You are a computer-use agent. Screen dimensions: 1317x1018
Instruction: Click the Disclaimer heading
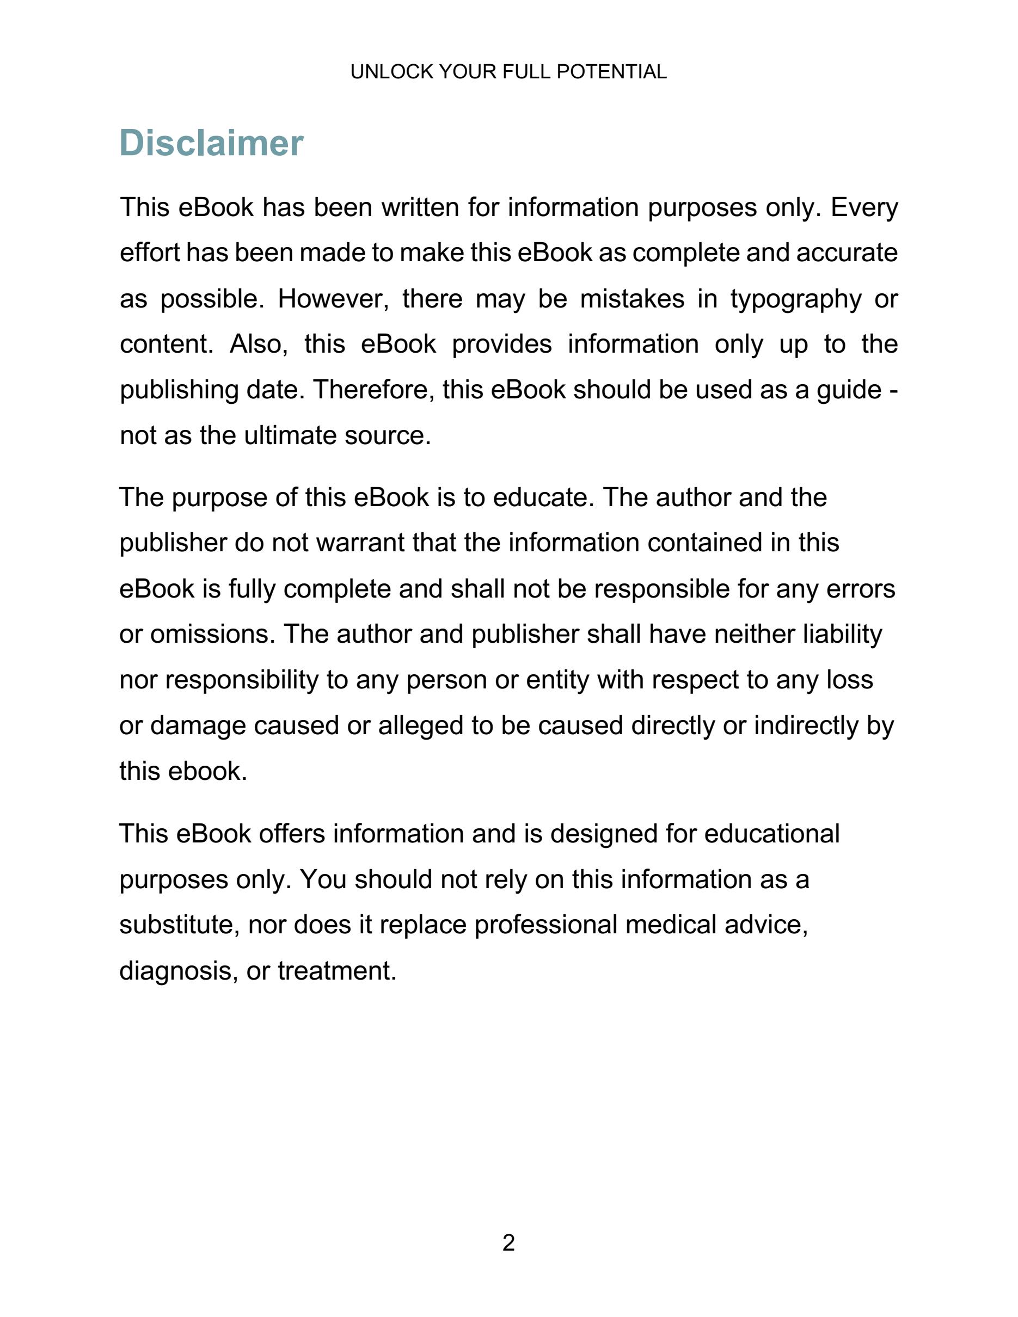pyautogui.click(x=211, y=143)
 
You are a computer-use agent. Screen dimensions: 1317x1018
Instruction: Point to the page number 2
pyautogui.click(x=508, y=1243)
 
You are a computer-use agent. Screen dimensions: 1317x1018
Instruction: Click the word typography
pyautogui.click(x=795, y=299)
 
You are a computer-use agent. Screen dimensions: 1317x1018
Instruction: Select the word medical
pyautogui.click(x=671, y=925)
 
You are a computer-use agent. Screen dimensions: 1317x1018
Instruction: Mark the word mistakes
pyautogui.click(x=632, y=299)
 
